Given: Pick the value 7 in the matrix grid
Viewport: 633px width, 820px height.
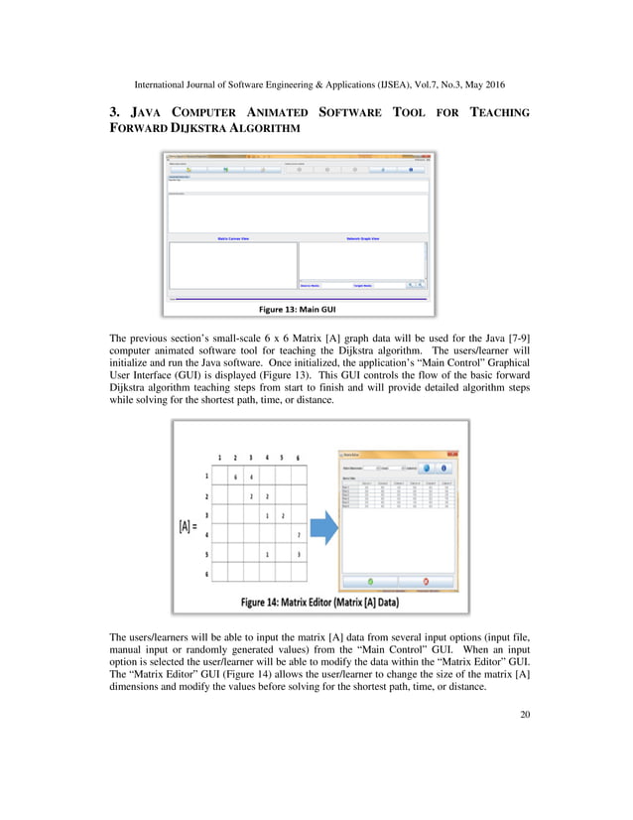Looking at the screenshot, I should pos(298,536).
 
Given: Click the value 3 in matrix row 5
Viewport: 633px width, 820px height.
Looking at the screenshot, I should pos(298,555).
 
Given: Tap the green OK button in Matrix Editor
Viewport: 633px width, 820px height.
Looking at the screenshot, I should pos(369,580).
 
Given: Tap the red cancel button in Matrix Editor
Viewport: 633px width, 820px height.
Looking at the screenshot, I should pos(426,580).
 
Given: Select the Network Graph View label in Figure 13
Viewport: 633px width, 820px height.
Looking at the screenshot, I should pos(362,239).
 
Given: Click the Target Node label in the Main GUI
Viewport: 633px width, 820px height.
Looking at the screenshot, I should pos(362,285).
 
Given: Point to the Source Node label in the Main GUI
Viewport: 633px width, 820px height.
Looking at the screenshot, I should pos(310,285).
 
